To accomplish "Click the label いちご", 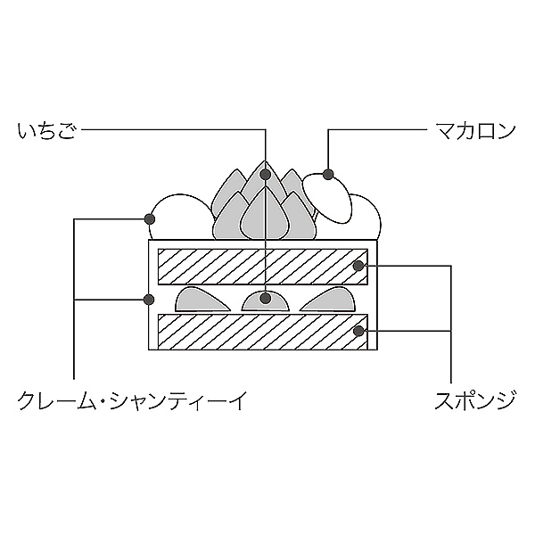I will pos(46,132).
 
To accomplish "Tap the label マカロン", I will pos(475,132).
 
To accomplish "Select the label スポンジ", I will pos(475,400).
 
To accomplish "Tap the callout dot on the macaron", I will pos(328,174).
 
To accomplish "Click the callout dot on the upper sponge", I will pos(358,265).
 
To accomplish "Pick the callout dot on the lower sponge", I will pos(358,331).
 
